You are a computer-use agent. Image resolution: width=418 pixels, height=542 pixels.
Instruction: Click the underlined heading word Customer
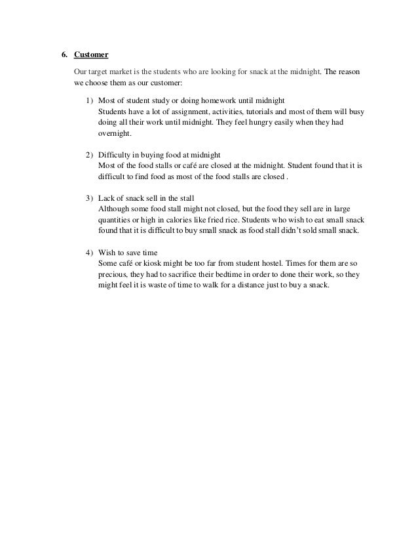click(x=91, y=54)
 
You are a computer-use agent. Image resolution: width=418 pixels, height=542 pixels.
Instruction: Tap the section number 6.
click(x=65, y=54)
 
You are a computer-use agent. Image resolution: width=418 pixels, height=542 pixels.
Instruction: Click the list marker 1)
click(x=89, y=100)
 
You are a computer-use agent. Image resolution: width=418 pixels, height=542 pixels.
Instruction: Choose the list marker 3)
click(x=89, y=198)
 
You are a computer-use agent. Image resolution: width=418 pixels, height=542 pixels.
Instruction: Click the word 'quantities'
click(x=115, y=219)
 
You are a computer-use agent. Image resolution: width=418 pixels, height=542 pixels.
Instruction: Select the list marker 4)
click(x=89, y=251)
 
